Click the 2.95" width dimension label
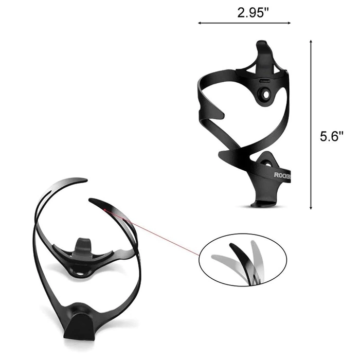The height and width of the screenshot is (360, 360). click(253, 12)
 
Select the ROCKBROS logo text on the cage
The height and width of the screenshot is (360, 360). click(282, 175)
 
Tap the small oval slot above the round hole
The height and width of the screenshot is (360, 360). click(265, 81)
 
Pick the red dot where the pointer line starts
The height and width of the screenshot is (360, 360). click(104, 209)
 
